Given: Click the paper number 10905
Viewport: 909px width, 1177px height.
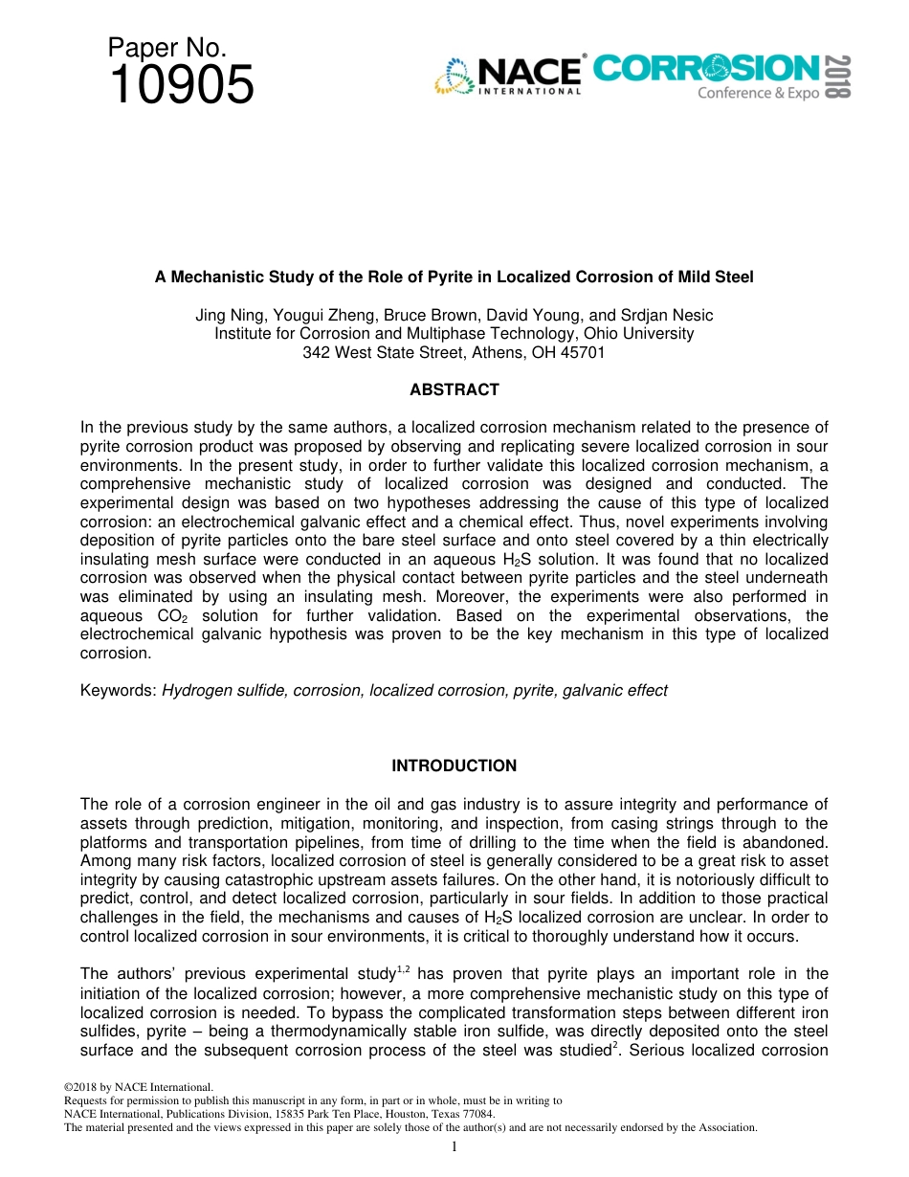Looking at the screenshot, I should click(182, 85).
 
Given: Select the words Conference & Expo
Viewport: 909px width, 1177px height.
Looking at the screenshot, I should click(758, 93).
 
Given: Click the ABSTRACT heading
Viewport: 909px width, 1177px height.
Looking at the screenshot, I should click(454, 389).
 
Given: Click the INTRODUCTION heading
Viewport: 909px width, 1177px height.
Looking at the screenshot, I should click(454, 766).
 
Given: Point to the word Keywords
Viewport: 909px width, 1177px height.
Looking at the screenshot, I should click(117, 690).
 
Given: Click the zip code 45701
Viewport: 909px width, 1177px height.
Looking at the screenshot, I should click(584, 352).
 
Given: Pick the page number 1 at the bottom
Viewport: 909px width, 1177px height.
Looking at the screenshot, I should click(454, 1145).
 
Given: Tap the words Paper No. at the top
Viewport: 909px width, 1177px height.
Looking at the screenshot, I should click(166, 48).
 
